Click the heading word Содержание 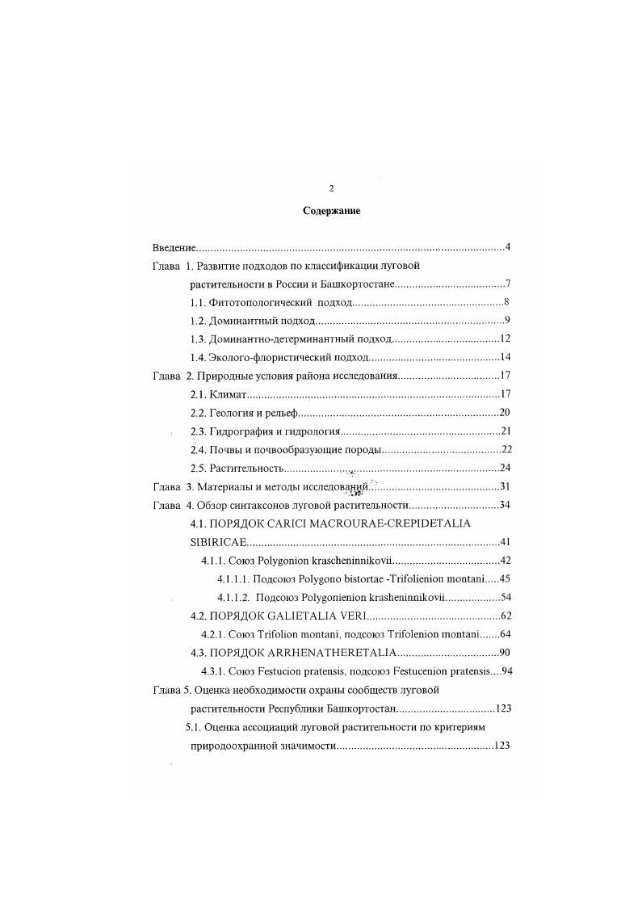[331, 211]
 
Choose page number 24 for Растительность [505, 469]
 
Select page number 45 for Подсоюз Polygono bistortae [505, 579]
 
